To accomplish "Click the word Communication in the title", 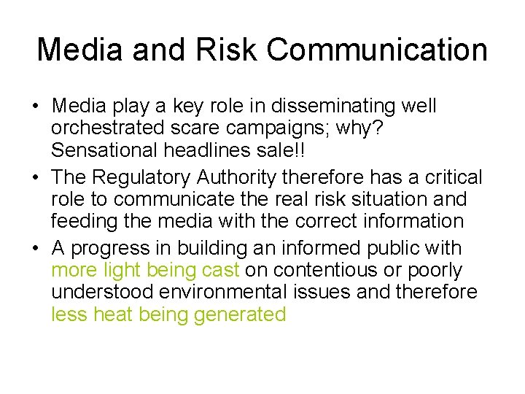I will pos(377,50).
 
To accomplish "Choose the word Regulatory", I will pos(144,177).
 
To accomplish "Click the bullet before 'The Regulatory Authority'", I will pos(36,178).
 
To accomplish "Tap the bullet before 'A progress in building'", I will pos(36,249).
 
